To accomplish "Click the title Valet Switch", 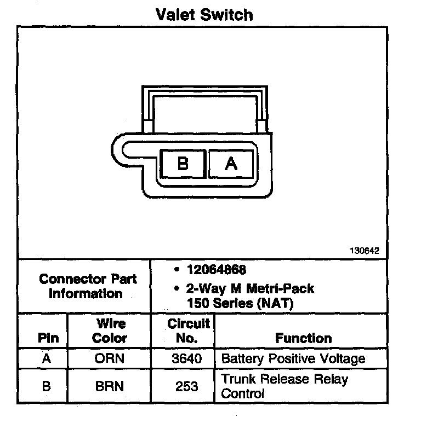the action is pos(204,15).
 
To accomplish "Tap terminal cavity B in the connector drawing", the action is pos(183,163).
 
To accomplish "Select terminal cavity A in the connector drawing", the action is pos(231,163).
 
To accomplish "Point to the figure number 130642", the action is pos(364,251).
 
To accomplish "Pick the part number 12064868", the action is pos(216,270).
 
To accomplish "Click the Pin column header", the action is pos(48,338).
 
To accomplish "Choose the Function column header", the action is pos(303,338).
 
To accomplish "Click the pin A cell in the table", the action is pos(47,359).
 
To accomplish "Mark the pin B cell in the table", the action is pos(47,386).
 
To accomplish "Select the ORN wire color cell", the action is pos(110,359).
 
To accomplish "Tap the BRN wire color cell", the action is pos(110,386).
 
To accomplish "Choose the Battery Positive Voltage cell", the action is pos(293,359).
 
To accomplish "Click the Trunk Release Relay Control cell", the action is pos(285,386).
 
